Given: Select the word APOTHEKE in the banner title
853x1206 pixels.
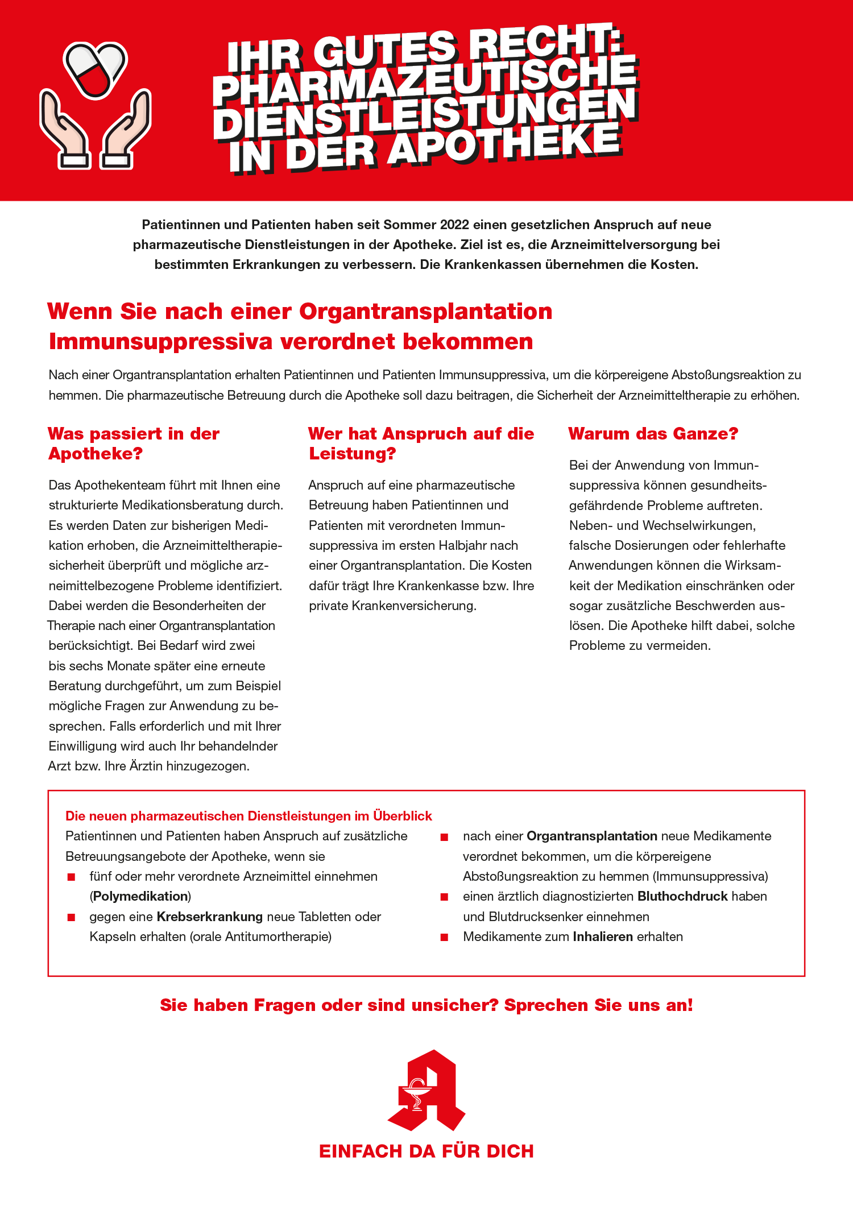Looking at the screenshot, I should point(506,145).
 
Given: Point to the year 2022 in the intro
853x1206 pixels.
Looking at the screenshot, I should point(455,225).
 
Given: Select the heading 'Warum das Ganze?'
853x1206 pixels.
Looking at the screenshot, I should point(653,434).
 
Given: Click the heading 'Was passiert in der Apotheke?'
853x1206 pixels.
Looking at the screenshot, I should point(134,444).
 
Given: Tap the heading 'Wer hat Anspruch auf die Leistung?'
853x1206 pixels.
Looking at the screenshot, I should point(421,444).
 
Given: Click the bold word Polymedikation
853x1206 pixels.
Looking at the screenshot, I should point(140,896).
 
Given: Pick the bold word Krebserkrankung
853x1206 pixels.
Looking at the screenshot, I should point(209,917).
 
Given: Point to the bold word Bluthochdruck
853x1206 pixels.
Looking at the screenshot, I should point(682,896).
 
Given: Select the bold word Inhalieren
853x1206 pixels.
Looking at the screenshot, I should point(603,936).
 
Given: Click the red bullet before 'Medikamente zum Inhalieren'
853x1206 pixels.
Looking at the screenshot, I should point(445,937).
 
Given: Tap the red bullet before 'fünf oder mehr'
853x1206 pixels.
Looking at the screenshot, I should point(71,877).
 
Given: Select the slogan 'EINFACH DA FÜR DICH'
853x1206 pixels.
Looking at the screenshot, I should point(426,1151).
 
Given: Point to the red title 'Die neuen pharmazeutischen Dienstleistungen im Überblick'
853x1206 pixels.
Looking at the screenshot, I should point(249,816).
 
